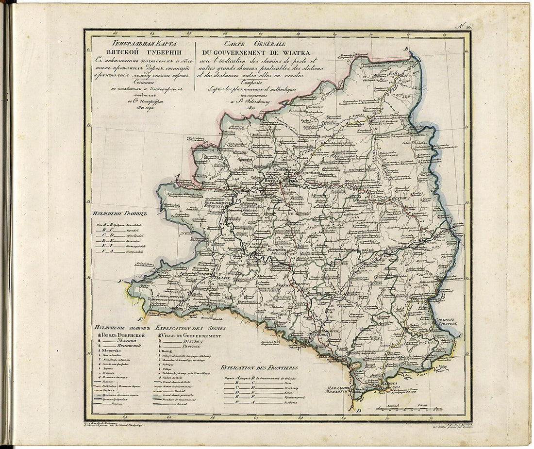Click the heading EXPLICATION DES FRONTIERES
coord(258,368)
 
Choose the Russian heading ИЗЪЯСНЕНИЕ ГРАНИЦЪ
coord(119,212)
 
